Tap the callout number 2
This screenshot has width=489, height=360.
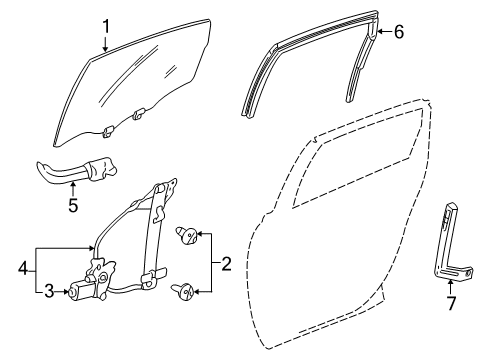click(x=226, y=264)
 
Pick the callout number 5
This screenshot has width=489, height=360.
click(x=71, y=208)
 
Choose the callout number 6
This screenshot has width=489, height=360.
click(x=398, y=32)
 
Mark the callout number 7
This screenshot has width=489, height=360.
click(x=449, y=302)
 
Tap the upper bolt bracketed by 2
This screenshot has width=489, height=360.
click(x=186, y=236)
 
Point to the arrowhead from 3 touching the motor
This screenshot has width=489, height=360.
click(x=66, y=291)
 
